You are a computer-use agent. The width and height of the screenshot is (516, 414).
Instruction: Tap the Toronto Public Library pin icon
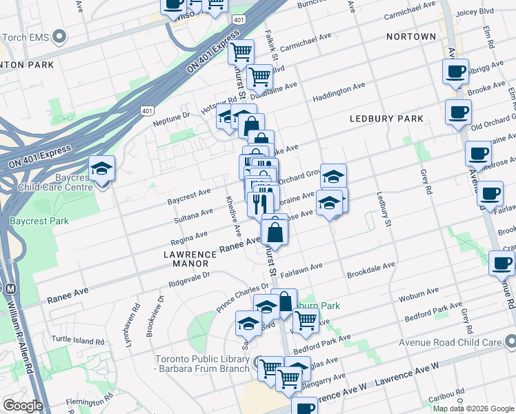(x=259, y=362)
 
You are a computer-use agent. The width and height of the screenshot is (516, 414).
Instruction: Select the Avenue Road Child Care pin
(x=510, y=339)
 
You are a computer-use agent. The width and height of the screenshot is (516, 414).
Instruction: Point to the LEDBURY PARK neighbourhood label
(x=386, y=119)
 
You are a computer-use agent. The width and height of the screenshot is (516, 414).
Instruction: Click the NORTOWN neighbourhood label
(x=410, y=37)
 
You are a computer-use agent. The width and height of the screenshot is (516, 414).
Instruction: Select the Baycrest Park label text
(x=39, y=222)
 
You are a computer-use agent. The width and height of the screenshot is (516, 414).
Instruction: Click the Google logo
(x=22, y=406)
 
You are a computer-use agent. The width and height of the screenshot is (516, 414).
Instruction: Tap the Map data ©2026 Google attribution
(x=473, y=408)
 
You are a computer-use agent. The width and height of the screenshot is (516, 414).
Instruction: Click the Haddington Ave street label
(x=339, y=91)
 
